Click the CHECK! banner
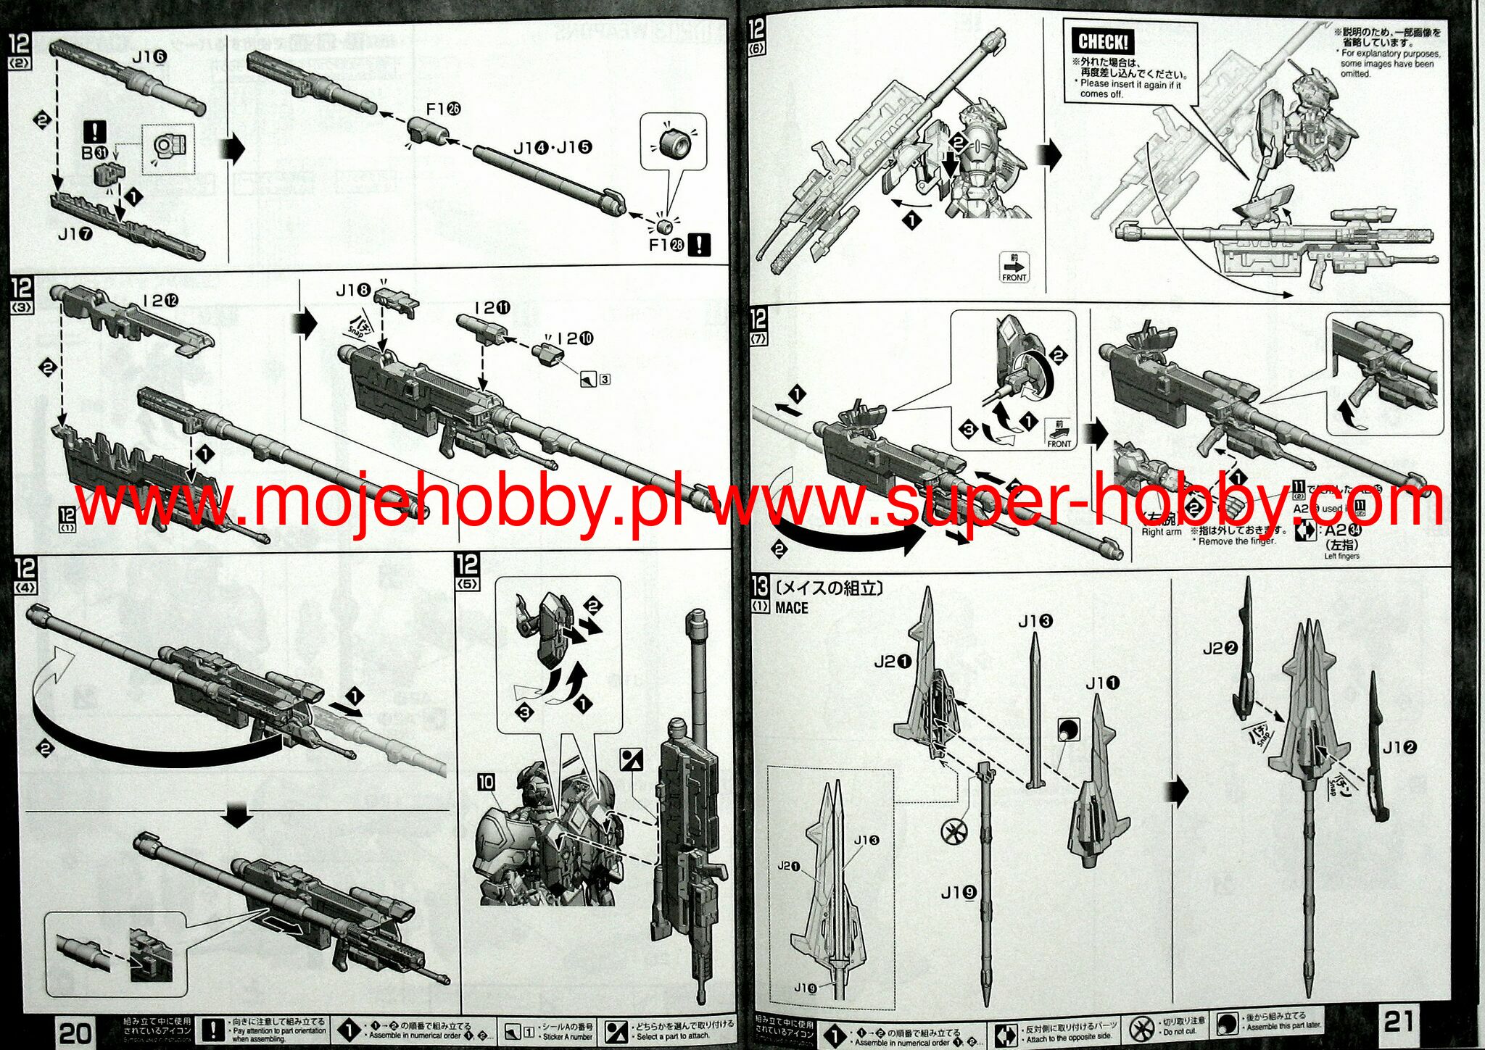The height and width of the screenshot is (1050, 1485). pos(1102,42)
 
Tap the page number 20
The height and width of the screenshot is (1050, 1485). pos(75,1033)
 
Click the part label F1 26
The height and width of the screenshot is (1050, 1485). pos(443,109)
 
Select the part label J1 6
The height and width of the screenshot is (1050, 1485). pos(149,57)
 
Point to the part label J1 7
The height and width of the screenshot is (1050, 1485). pos(75,234)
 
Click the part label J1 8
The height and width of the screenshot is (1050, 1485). pos(353,291)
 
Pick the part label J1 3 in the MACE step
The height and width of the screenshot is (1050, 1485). pos(1035,621)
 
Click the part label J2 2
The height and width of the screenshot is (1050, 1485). pos(1220,649)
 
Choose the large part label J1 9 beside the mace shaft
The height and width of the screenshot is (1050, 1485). pos(959,893)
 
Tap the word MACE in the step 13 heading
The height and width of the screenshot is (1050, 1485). pos(791,608)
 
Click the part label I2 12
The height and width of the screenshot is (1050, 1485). pos(160,300)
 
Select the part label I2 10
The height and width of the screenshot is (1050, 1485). pos(575,338)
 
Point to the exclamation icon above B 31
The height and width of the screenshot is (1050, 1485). pos(95,132)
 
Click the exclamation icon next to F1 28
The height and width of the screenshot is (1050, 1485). pos(698,245)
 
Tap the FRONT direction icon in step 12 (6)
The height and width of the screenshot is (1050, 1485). pos(1014,267)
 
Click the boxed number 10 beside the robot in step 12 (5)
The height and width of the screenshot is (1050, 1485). pos(485,783)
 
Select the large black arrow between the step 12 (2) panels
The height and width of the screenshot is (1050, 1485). pos(236,149)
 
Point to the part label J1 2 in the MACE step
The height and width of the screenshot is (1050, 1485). pos(1399,747)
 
